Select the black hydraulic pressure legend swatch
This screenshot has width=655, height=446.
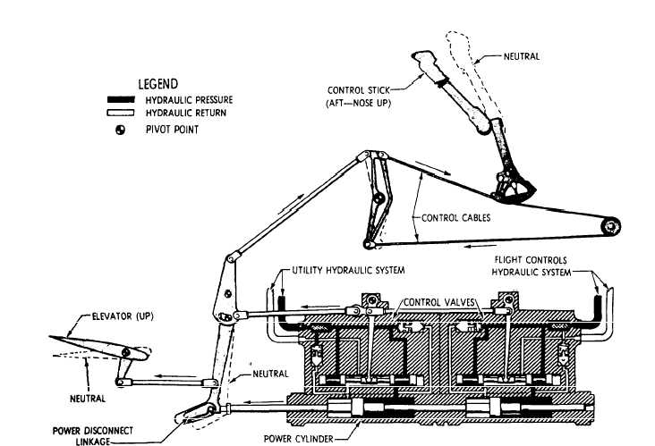(x=127, y=100)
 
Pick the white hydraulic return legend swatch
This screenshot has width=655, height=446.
(x=127, y=113)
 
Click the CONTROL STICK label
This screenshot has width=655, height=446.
(x=355, y=89)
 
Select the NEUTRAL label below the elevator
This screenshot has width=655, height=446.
(x=89, y=399)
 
